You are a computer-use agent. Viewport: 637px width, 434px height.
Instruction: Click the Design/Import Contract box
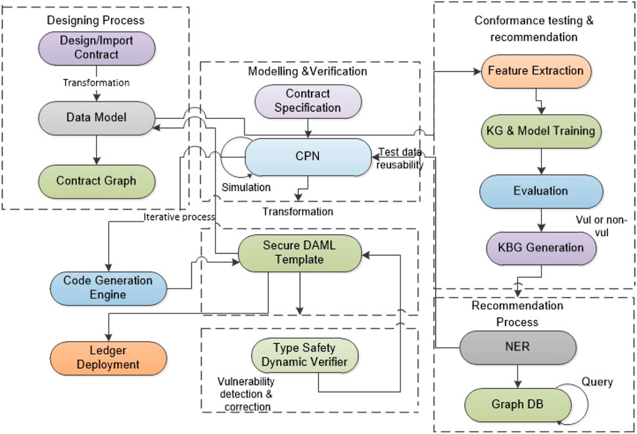(97, 48)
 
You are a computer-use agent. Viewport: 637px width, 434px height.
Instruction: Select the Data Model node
(97, 118)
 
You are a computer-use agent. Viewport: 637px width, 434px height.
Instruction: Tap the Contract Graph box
(97, 181)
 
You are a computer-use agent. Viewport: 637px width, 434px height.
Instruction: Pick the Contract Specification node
(308, 101)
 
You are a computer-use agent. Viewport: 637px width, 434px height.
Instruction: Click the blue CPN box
(308, 157)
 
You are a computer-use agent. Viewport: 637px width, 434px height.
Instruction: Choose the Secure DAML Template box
(300, 253)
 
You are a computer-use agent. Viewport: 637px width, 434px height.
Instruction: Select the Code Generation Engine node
(108, 288)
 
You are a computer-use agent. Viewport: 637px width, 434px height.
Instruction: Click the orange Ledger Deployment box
(108, 358)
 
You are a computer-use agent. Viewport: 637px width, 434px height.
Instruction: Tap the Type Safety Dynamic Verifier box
(304, 355)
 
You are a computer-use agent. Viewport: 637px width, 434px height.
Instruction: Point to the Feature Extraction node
(536, 71)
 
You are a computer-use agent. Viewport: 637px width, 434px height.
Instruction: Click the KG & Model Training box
(541, 131)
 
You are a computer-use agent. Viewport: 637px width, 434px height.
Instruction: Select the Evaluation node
(541, 192)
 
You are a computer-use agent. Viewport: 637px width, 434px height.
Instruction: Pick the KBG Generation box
(541, 248)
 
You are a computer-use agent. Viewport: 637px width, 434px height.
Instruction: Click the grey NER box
(517, 347)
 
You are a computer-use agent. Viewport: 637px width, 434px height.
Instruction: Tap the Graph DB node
(517, 404)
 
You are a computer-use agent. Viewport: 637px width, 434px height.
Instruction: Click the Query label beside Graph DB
(597, 382)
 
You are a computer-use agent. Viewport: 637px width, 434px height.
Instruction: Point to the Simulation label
(246, 187)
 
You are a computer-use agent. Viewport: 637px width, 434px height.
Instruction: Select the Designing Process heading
(95, 20)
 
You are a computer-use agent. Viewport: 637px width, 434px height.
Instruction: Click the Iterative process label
(179, 217)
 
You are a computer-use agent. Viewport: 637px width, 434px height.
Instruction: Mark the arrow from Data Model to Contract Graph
(97, 149)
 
